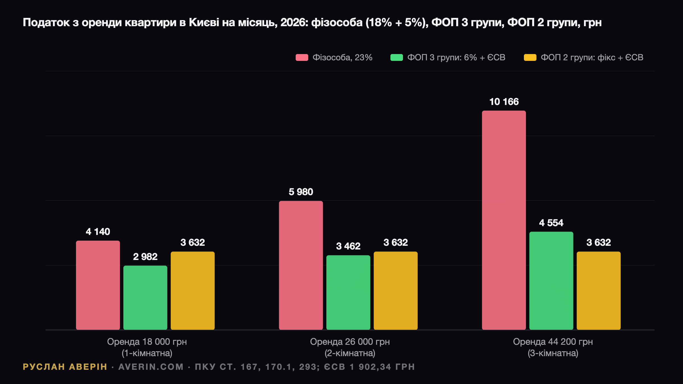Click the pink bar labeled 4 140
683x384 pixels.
click(98, 285)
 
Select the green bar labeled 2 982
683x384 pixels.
click(145, 298)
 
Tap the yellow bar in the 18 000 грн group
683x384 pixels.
click(193, 291)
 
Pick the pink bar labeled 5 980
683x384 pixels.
click(301, 265)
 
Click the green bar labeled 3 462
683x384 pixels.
click(348, 293)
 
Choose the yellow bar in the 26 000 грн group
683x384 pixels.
click(396, 291)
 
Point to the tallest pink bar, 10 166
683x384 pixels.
click(504, 220)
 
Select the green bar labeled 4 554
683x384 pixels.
click(551, 281)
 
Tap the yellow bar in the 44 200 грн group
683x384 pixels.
click(599, 291)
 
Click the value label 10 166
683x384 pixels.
click(504, 102)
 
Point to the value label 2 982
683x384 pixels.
click(145, 257)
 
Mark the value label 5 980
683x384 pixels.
click(301, 192)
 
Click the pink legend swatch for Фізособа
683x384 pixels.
click(302, 57)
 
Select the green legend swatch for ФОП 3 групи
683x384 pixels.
click(397, 57)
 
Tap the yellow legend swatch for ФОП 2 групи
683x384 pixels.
click(530, 57)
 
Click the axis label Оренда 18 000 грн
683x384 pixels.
click(147, 342)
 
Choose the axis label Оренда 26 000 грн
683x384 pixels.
click(350, 342)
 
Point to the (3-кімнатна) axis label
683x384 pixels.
click(553, 353)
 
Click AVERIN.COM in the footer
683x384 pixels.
click(151, 367)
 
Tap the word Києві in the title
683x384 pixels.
click(204, 22)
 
